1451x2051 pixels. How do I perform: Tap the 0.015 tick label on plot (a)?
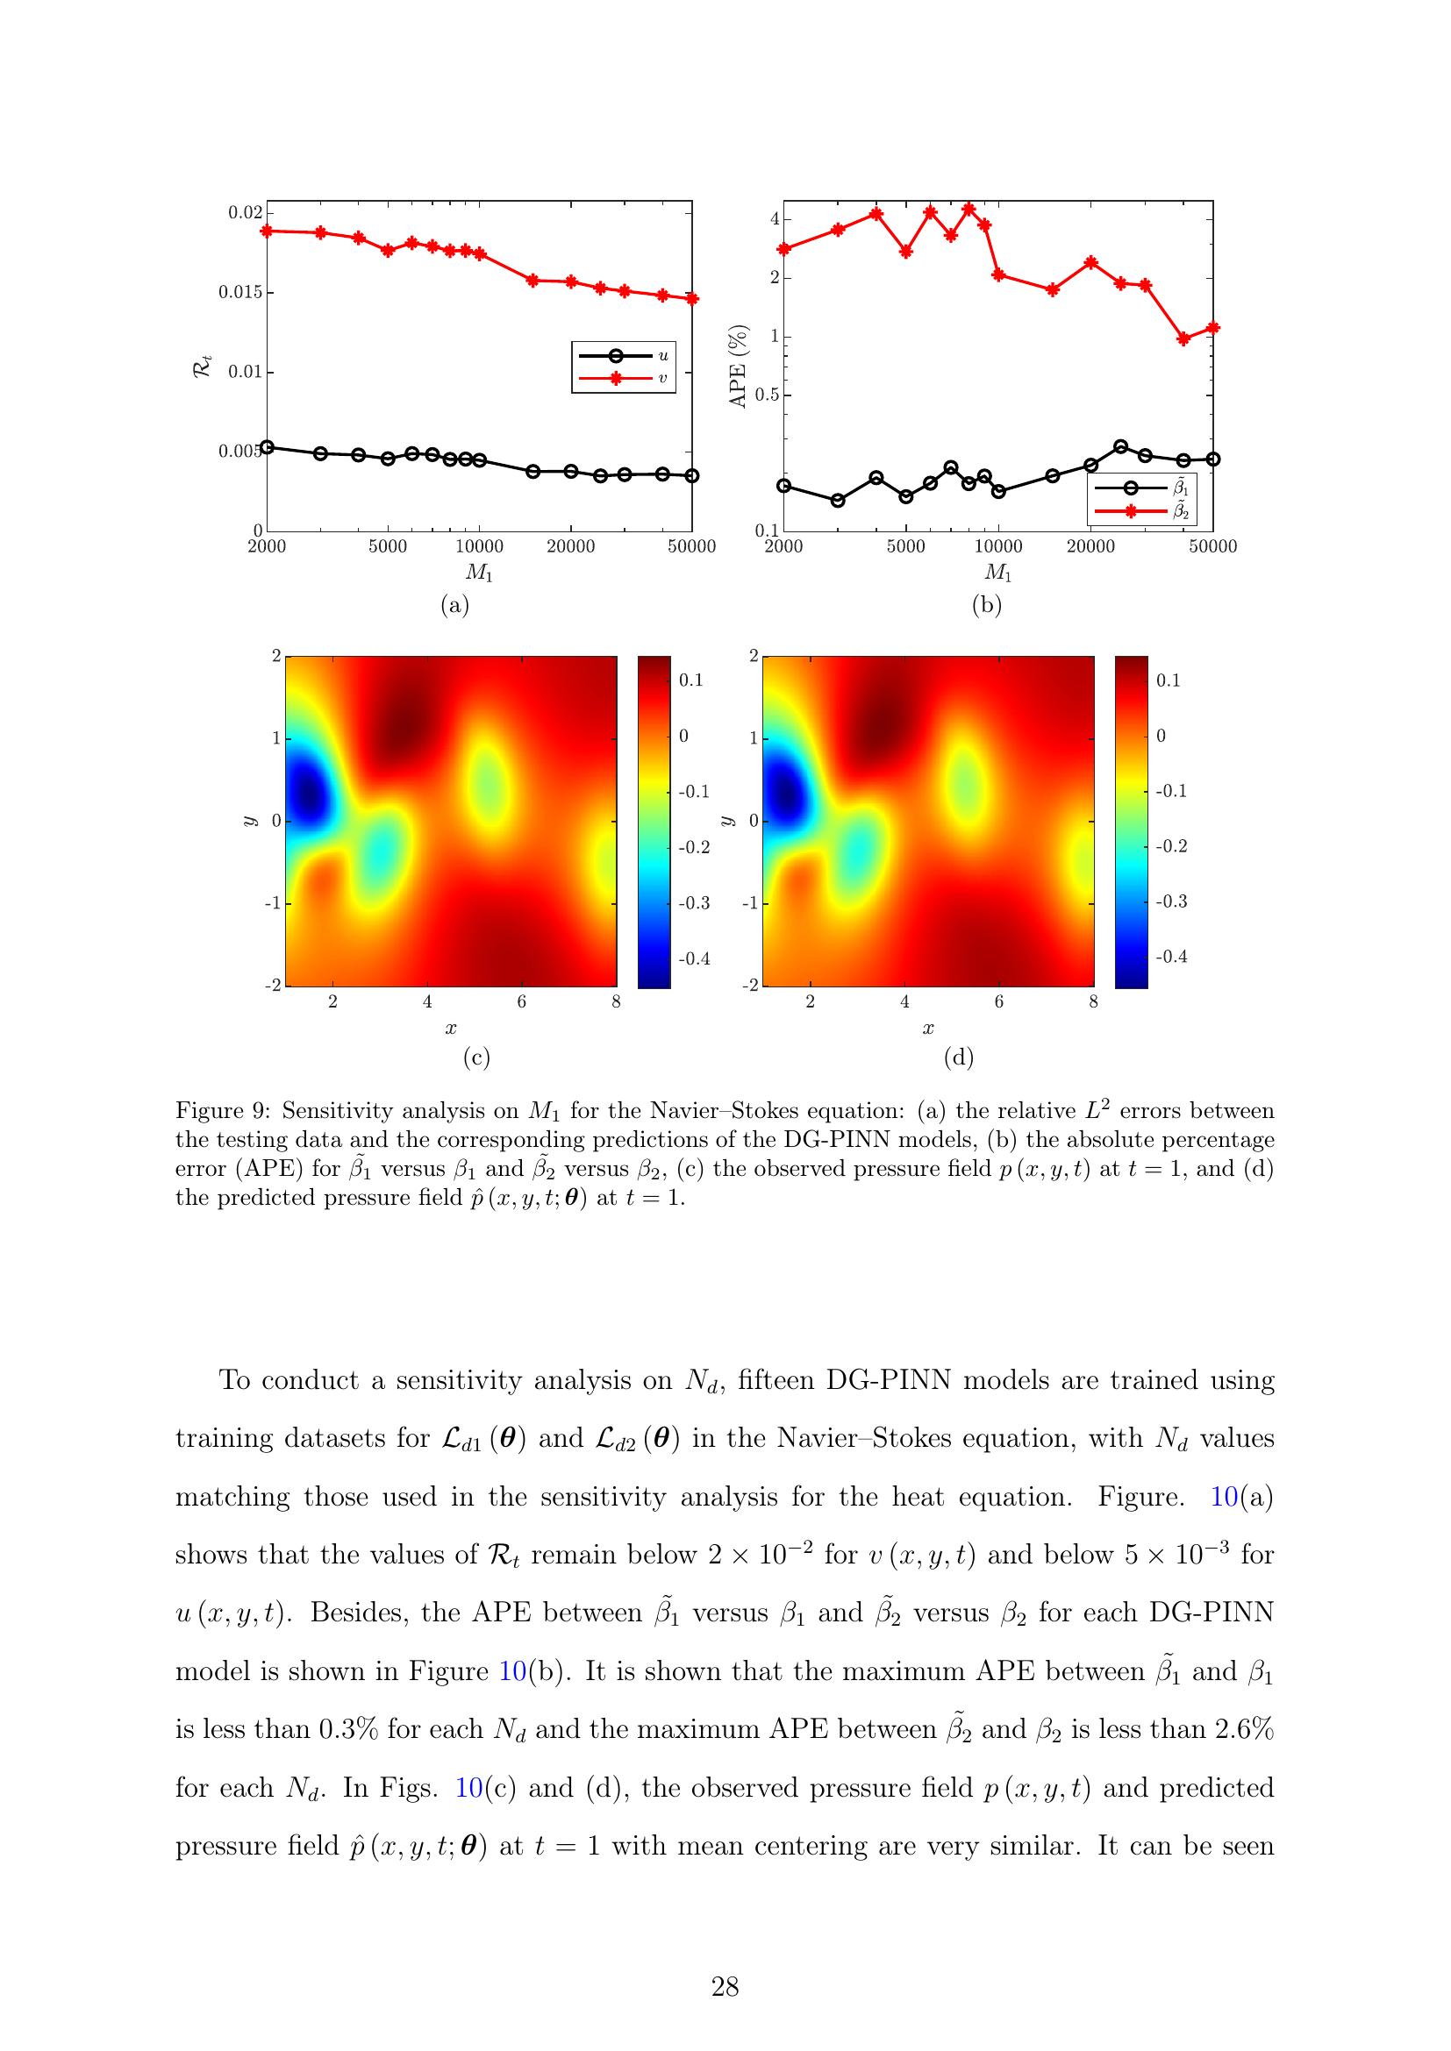tap(240, 292)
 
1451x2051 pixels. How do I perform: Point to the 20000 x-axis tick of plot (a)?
tap(571, 546)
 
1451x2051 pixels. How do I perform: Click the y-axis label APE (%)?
tap(738, 367)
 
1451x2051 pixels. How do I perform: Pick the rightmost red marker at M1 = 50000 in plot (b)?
tap(1212, 328)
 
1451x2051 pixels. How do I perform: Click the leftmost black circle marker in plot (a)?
tap(268, 446)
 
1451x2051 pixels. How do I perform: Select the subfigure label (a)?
tap(454, 605)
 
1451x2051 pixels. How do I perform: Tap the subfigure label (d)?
tap(958, 1058)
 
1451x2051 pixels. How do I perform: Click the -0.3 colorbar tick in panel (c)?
tap(694, 903)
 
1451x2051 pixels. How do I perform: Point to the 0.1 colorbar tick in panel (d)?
tap(1169, 680)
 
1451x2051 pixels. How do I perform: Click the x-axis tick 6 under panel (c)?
tap(522, 1002)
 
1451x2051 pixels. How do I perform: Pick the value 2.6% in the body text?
tap(1245, 1729)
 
